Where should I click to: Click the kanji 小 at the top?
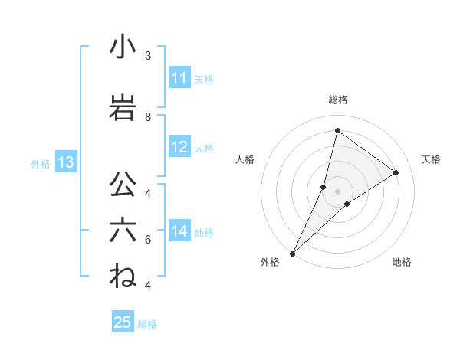(123, 47)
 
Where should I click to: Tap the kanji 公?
(123, 185)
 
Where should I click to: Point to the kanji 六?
(123, 231)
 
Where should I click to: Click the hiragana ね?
(123, 277)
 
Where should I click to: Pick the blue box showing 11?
(179, 78)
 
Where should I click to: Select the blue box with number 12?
(179, 148)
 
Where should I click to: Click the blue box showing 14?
(179, 232)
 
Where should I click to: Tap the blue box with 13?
(65, 162)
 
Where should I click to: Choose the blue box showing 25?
(123, 322)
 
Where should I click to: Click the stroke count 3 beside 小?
(148, 56)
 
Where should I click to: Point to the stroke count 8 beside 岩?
(148, 117)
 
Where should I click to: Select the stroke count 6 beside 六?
(148, 240)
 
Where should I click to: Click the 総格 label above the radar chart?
(337, 100)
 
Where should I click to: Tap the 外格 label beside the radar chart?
(270, 263)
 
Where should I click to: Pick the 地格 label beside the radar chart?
(402, 263)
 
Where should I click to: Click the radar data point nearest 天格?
(396, 172)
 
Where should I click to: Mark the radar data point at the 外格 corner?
(292, 253)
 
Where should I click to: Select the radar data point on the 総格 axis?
(337, 130)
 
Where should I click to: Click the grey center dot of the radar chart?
(337, 191)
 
